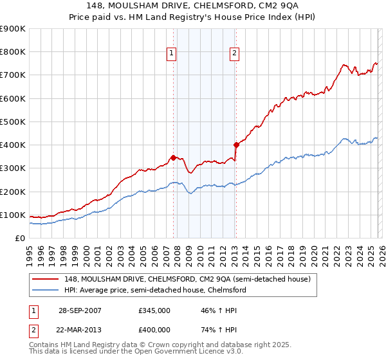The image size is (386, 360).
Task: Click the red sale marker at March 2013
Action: (x=235, y=145)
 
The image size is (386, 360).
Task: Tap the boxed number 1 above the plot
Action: (x=172, y=53)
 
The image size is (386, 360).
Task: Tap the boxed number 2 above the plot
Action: (x=234, y=53)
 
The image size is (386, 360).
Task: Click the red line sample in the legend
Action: (x=47, y=279)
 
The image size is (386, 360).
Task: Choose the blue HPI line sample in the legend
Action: (x=47, y=290)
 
